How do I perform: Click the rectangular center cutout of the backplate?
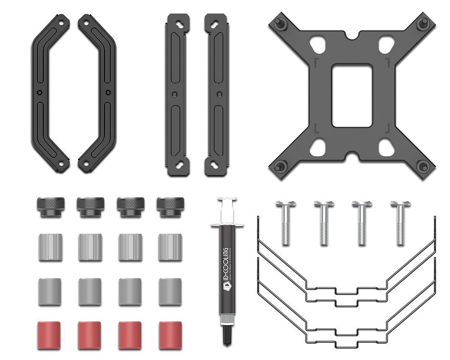(x=352, y=96)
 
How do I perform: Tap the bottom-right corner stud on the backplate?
(x=424, y=166)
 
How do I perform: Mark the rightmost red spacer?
(x=170, y=334)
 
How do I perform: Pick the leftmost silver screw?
(x=286, y=223)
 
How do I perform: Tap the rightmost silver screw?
(x=400, y=223)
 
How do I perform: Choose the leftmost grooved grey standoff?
(x=50, y=247)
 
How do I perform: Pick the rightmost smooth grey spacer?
(x=170, y=291)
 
